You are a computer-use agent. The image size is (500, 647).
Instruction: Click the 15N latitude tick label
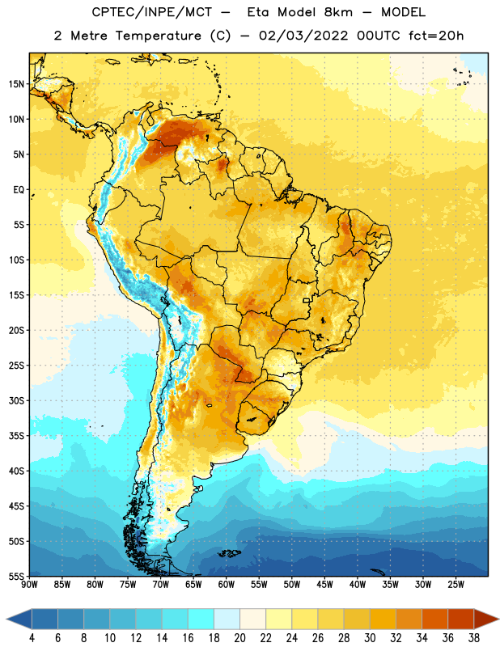(x=16, y=84)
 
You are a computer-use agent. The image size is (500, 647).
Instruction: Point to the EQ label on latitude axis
(x=19, y=190)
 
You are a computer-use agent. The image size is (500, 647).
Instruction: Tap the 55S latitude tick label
(x=16, y=576)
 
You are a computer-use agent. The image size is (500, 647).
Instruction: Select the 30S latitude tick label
(x=16, y=400)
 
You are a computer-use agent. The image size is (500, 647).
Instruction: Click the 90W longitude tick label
(x=30, y=585)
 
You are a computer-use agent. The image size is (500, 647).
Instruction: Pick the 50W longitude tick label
(x=292, y=585)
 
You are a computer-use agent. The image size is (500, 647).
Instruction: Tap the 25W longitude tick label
(x=456, y=585)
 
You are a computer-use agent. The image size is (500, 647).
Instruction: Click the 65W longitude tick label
(x=193, y=585)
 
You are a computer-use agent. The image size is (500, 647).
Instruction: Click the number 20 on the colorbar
(x=239, y=638)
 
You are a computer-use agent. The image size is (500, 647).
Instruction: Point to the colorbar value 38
(x=474, y=638)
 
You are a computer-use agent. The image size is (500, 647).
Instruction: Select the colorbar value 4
(x=32, y=638)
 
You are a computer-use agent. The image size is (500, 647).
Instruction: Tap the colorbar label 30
(x=370, y=638)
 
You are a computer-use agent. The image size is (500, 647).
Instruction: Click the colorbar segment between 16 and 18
(x=201, y=619)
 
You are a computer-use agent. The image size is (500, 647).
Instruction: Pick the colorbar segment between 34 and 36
(x=435, y=619)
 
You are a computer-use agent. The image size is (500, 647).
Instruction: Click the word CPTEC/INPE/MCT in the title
(x=151, y=12)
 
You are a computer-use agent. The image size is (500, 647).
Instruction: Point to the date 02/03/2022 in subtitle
(x=303, y=36)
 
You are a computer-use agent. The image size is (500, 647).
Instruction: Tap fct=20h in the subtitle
(x=436, y=36)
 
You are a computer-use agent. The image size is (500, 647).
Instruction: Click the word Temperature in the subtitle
(x=158, y=36)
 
